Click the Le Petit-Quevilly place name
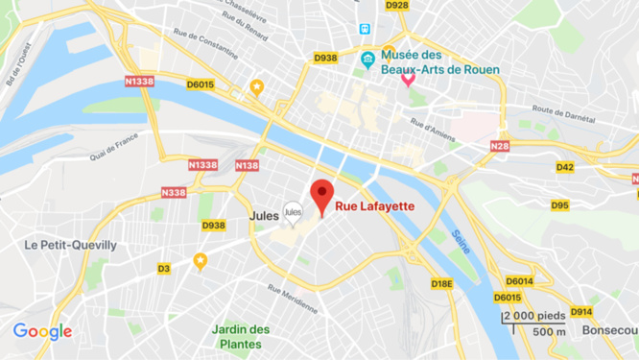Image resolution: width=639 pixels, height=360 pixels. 71,245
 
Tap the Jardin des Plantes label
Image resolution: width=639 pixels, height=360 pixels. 241,336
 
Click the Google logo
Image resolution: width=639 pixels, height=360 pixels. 42,332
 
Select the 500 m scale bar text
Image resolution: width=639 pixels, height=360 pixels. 548,332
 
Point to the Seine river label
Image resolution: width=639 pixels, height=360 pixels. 463,241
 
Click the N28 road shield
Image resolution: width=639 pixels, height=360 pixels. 498,146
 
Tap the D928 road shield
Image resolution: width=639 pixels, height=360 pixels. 396,6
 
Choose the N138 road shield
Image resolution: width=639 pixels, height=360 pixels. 247,166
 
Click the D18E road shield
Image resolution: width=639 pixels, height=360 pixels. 441,283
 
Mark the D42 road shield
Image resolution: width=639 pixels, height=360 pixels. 564,167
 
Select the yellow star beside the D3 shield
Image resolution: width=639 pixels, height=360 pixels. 201,260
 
